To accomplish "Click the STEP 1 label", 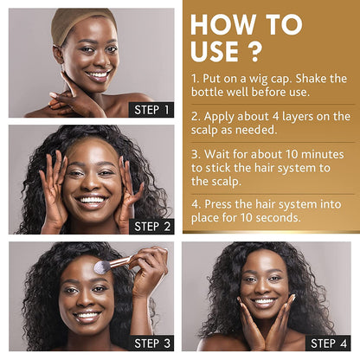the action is coord(151,110).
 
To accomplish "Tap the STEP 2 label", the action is coord(151,227).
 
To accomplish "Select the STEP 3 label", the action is coord(151,344).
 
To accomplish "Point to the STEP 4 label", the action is coord(328,344).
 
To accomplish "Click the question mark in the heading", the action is coord(254,51).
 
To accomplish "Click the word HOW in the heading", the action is coord(222,24).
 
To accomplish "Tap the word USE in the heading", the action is coord(215,51).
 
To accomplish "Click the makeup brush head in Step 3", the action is coord(102,267).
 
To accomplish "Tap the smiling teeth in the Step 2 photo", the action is coord(92,200).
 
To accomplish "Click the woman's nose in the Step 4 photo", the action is coord(265,288).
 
